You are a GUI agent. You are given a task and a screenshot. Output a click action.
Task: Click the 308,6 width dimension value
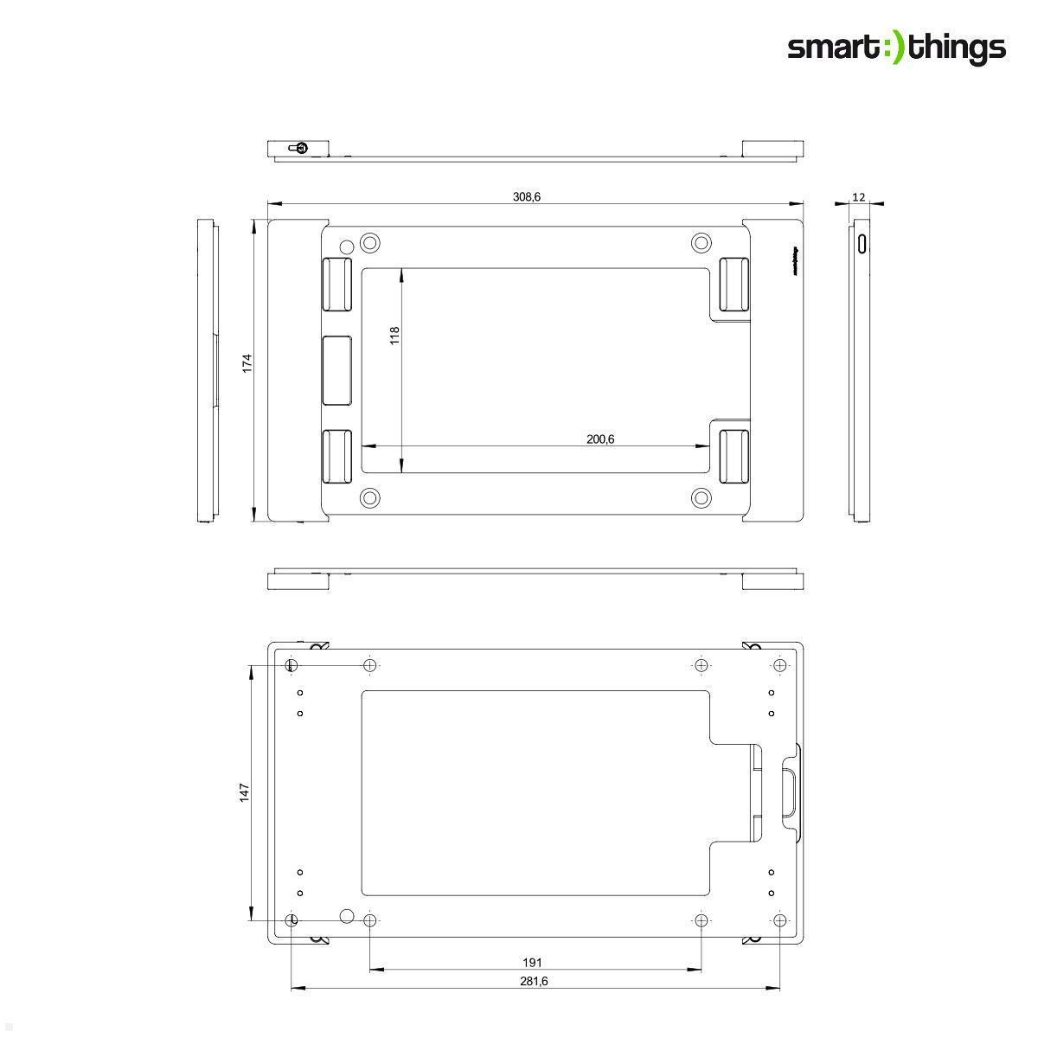tap(526, 197)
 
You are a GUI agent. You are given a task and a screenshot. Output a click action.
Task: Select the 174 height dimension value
tap(247, 362)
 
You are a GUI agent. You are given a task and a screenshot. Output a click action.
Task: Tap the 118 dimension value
tap(394, 336)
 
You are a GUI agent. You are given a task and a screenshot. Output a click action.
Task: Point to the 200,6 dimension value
tap(599, 439)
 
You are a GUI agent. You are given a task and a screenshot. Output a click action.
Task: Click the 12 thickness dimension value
tap(858, 197)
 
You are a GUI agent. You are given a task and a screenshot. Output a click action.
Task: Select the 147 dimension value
tap(245, 791)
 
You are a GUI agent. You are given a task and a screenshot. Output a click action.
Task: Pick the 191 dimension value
tap(533, 962)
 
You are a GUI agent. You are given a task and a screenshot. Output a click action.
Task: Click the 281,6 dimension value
tap(533, 981)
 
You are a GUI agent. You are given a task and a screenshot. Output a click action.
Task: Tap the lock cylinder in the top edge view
tap(300, 147)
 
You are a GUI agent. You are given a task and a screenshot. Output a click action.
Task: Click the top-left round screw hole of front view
tap(370, 242)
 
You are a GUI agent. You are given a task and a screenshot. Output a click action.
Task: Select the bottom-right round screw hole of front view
tap(702, 497)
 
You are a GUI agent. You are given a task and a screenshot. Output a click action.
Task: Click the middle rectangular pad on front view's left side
tap(336, 370)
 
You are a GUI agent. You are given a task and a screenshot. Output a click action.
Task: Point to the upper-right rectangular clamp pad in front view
tap(734, 284)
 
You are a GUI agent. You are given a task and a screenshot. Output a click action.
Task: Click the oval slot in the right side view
tap(862, 241)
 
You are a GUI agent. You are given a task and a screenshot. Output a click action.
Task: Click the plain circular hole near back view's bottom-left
tap(347, 916)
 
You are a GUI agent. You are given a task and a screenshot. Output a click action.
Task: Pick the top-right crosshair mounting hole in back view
tap(779, 665)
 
